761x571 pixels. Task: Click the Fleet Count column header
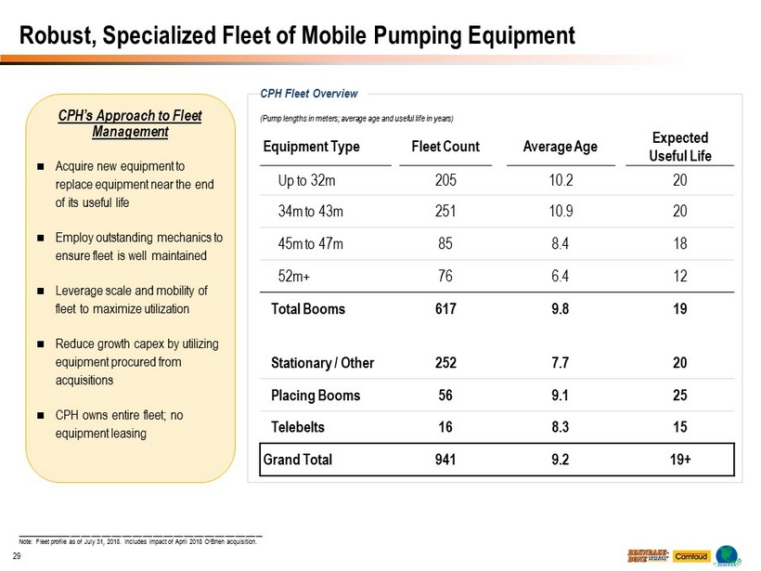pos(445,147)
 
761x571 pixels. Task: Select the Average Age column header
pos(561,147)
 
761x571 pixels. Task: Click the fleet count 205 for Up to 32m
pos(445,181)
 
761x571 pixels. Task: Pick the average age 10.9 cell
pos(561,212)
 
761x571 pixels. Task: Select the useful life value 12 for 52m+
pos(680,275)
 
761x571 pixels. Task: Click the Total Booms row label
pos(307,309)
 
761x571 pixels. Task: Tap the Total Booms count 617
pos(445,309)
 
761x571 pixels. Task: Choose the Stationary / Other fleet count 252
pos(445,363)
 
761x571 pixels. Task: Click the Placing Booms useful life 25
pos(680,395)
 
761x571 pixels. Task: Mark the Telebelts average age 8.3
pos(561,426)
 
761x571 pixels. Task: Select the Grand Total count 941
pos(445,459)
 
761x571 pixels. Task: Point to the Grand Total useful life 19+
pos(680,459)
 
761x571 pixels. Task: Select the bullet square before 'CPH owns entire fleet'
pos(41,415)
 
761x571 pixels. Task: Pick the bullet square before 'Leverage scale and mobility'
pos(41,291)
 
